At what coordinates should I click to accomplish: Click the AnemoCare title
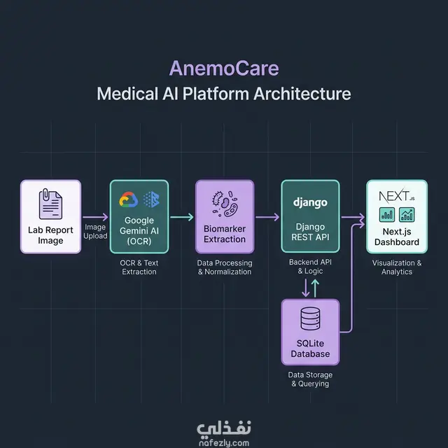(x=224, y=69)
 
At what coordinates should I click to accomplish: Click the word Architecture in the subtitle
(x=302, y=94)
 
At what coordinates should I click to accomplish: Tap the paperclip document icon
(x=50, y=204)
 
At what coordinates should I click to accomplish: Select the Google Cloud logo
(x=129, y=199)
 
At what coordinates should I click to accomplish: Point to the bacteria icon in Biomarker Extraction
(x=225, y=204)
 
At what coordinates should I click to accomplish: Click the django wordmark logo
(x=310, y=202)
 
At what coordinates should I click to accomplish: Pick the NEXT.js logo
(x=397, y=196)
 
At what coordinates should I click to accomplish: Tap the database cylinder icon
(x=310, y=318)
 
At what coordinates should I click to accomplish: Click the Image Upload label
(x=95, y=232)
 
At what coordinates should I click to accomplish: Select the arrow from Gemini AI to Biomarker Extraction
(x=182, y=217)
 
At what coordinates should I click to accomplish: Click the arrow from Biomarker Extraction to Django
(x=267, y=217)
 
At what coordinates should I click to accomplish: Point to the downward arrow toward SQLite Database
(x=305, y=288)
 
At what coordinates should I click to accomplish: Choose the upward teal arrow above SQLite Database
(x=315, y=288)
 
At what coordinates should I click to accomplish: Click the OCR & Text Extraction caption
(x=139, y=267)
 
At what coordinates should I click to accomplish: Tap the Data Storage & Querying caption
(x=310, y=379)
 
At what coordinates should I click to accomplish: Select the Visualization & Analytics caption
(x=397, y=267)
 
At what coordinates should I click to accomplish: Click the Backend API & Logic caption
(x=310, y=266)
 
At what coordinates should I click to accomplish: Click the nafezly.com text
(x=224, y=443)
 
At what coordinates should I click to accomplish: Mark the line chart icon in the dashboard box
(x=407, y=215)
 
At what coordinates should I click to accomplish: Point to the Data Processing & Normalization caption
(x=225, y=267)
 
